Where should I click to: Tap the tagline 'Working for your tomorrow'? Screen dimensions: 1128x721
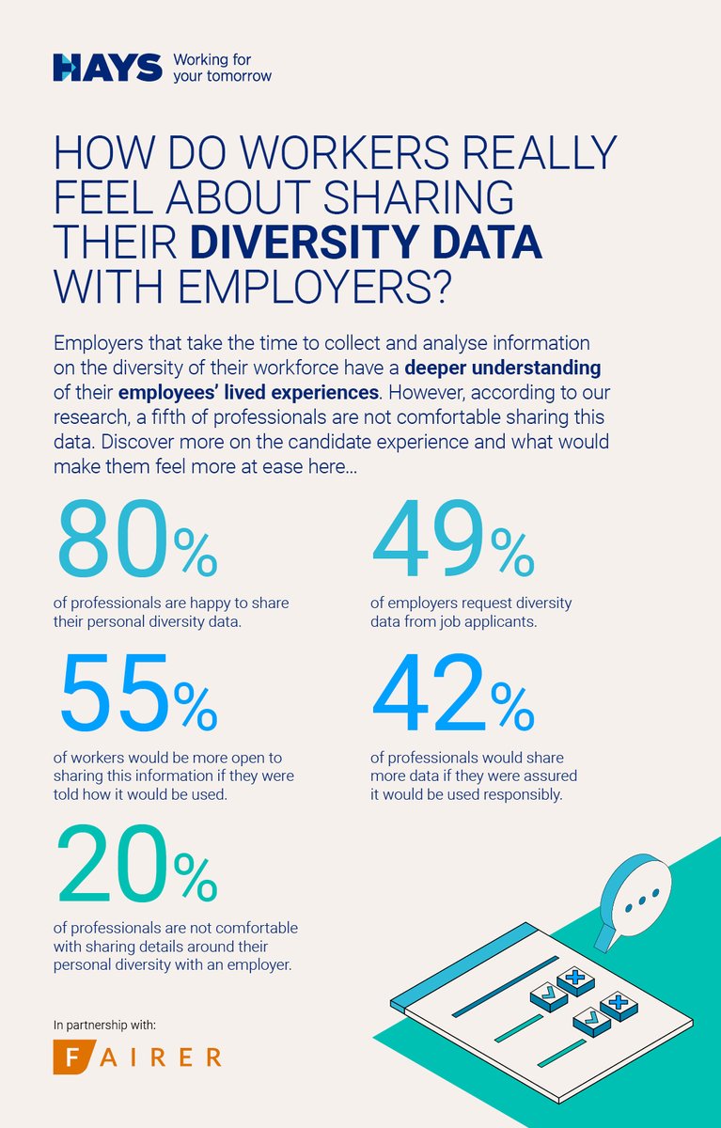(222, 67)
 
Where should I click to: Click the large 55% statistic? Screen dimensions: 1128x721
(137, 697)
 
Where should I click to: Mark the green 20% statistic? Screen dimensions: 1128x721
(137, 861)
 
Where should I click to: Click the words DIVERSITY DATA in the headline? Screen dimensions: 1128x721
(367, 240)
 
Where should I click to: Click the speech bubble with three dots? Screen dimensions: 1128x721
(635, 901)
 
